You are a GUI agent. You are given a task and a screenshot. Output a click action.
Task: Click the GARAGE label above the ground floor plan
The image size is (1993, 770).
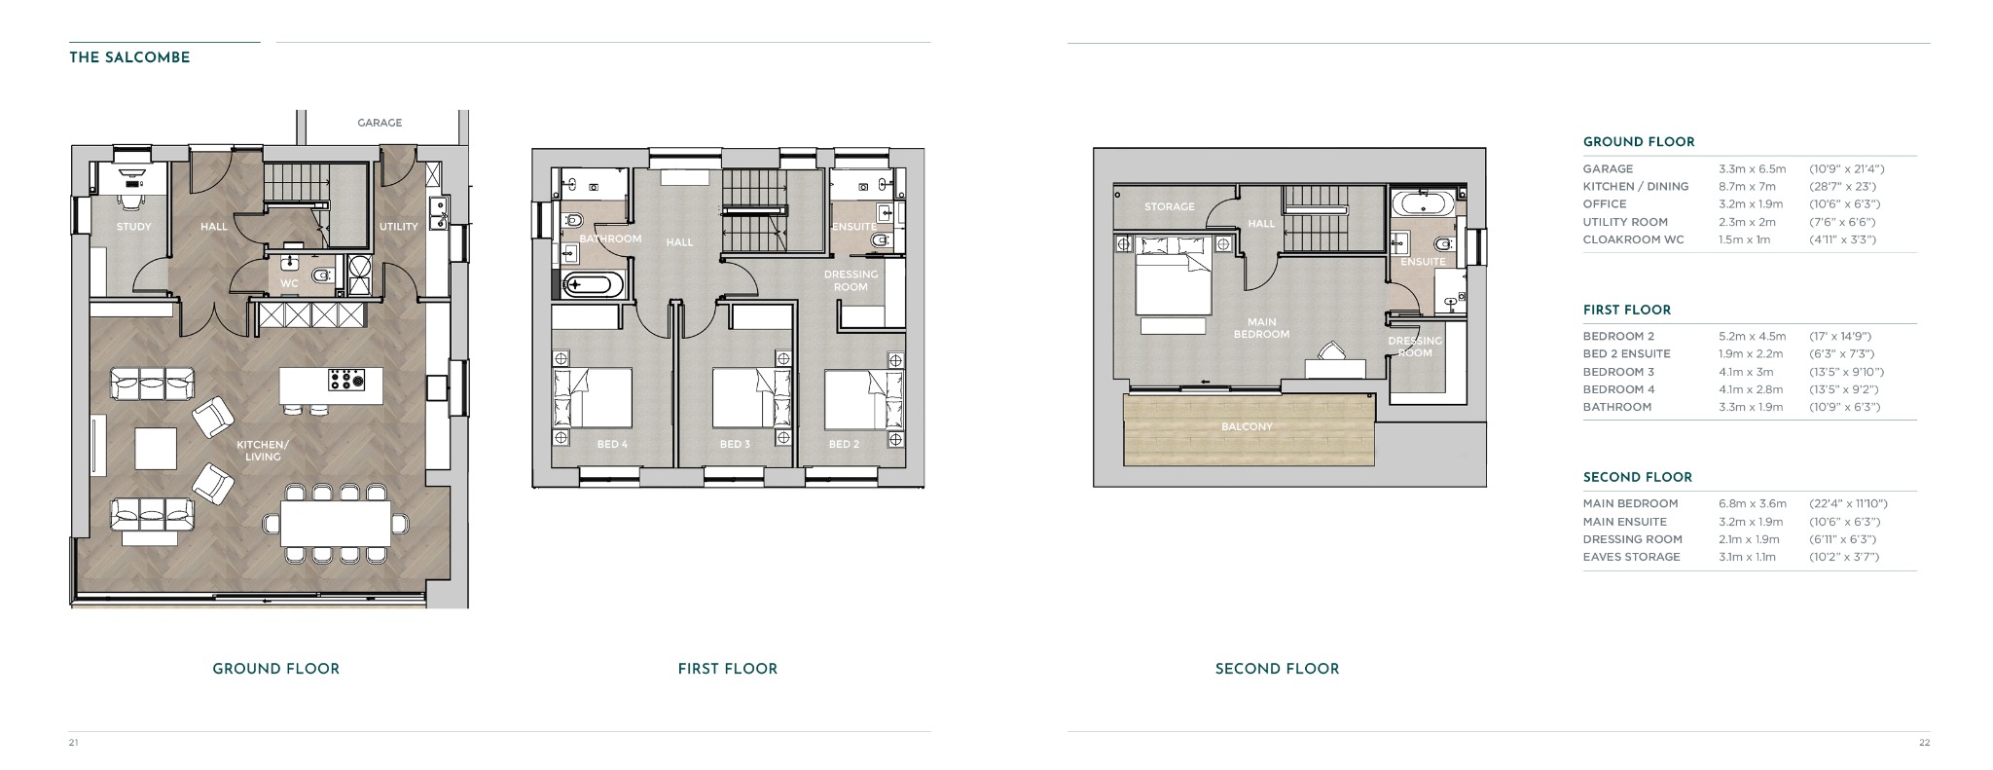tap(380, 123)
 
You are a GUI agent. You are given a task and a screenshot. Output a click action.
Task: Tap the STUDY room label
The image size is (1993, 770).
tap(133, 227)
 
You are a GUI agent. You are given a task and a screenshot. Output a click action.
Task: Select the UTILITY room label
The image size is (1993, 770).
tap(398, 227)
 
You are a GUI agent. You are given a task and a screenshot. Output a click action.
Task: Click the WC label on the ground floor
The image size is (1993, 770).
tap(289, 284)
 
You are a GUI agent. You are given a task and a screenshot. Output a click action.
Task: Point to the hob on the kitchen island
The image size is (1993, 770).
tap(345, 379)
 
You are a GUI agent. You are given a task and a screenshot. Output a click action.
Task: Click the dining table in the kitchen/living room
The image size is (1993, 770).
tap(336, 523)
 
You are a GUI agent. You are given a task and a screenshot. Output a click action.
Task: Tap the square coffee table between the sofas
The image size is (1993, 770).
tap(156, 449)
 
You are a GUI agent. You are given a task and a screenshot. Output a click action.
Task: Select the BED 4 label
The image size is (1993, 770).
tap(612, 445)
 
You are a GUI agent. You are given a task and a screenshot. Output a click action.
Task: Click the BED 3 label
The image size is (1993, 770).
tap(735, 445)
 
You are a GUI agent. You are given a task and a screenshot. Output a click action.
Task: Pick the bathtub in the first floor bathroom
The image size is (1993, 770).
tap(589, 285)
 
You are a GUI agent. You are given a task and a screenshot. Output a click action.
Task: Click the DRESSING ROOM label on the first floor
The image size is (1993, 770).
tap(851, 280)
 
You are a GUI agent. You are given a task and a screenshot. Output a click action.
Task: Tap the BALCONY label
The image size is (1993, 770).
tap(1247, 426)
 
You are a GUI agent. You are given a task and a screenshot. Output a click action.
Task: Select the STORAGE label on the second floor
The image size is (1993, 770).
tap(1169, 206)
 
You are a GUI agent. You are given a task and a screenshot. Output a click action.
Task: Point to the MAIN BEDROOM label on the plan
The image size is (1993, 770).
tap(1261, 328)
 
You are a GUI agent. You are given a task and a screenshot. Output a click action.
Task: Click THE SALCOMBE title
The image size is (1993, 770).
tap(129, 57)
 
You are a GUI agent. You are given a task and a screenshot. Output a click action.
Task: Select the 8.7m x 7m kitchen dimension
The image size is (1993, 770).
tap(1747, 186)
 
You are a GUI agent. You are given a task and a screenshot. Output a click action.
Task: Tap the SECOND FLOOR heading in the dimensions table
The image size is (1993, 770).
tap(1638, 477)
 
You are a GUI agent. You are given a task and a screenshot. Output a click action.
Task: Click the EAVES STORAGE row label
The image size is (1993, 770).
tap(1632, 557)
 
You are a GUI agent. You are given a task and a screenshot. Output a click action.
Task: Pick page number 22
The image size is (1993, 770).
tap(1924, 743)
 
